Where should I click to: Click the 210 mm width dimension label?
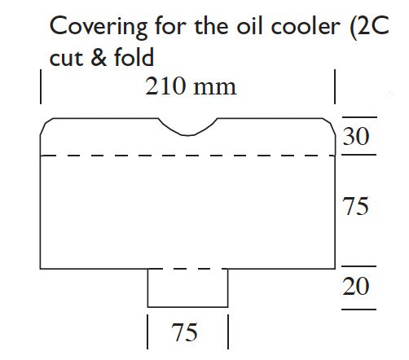click(191, 86)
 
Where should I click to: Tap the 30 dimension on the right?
click(356, 136)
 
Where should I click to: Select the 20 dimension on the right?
click(356, 286)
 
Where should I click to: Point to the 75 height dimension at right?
click(356, 206)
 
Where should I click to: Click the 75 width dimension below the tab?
click(184, 332)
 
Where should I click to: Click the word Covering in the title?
click(99, 28)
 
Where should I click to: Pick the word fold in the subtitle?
click(134, 56)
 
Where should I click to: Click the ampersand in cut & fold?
click(99, 57)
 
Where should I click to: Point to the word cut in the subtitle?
click(66, 58)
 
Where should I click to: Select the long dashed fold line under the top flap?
click(187, 156)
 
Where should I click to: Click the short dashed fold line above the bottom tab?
click(187, 269)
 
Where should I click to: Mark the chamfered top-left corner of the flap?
click(46, 125)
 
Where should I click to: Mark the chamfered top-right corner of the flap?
click(329, 125)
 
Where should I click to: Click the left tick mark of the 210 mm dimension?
click(41, 86)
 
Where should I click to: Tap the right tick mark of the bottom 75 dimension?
click(228, 331)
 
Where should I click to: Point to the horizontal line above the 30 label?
click(359, 117)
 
